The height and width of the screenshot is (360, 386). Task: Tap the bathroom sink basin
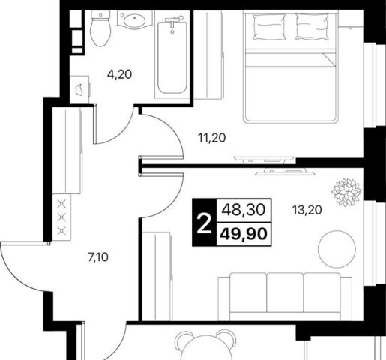coord(135,21)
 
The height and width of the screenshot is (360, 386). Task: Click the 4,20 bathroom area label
coord(119,74)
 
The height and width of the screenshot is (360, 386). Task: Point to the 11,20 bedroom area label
coord(212,138)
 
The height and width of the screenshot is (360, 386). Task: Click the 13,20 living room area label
coord(307,210)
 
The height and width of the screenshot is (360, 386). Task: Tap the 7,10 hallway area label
coord(98,257)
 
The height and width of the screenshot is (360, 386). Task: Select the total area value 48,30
coord(244,210)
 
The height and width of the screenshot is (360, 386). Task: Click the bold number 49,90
coord(244,234)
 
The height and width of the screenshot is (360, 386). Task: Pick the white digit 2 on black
coord(204,223)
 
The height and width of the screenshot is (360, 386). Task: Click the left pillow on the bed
coord(269,27)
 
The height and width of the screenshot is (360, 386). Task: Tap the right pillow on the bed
coord(312,27)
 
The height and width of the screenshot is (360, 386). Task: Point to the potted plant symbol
coord(346,193)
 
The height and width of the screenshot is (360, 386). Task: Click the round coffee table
coord(337,249)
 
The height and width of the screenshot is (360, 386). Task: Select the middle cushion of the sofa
coord(285,292)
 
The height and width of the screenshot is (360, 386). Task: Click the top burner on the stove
coord(61,204)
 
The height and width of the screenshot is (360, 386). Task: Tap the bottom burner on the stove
coord(61,230)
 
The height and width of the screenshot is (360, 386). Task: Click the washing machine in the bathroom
coord(79,89)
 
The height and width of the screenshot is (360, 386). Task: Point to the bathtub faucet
coord(174,21)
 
